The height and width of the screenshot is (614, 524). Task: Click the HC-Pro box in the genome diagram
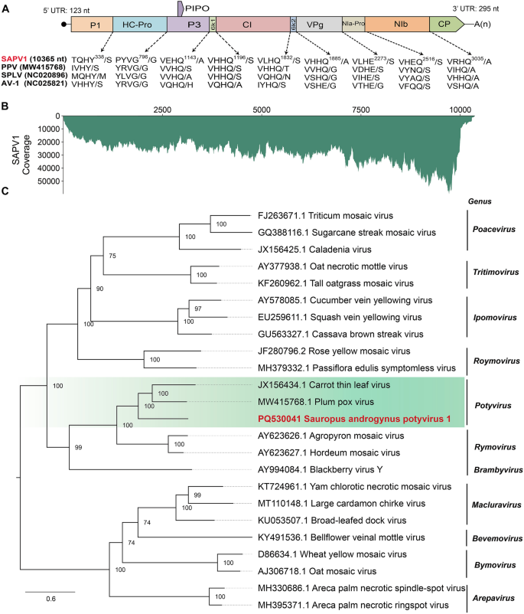pos(138,25)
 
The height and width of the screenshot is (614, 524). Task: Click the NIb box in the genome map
pos(395,25)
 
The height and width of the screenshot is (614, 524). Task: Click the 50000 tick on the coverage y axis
pos(47,181)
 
